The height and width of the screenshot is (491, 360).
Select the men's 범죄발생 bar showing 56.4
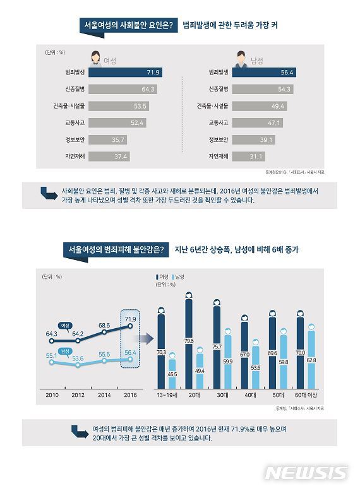258,73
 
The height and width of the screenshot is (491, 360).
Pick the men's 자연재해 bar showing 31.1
246,156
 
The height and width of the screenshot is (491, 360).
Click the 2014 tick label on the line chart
104,394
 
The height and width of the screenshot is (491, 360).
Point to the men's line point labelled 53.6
78,365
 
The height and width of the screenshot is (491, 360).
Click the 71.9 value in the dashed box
130,319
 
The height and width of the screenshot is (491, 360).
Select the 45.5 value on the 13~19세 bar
172,375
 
